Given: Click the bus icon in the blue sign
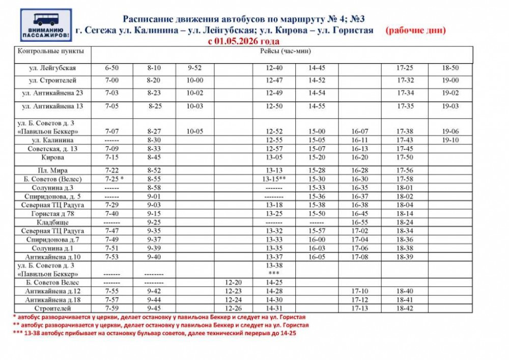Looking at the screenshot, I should click(46, 20).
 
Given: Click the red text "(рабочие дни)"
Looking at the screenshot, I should click(415, 30).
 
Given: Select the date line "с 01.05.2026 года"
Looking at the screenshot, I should click(244, 41).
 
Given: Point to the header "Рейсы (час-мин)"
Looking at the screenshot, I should click(281, 51).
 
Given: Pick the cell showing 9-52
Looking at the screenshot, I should click(195, 68).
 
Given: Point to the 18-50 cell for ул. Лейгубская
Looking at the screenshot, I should click(450, 68).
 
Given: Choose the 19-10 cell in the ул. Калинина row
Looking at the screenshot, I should click(450, 140).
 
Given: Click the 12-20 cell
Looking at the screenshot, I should click(233, 282).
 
